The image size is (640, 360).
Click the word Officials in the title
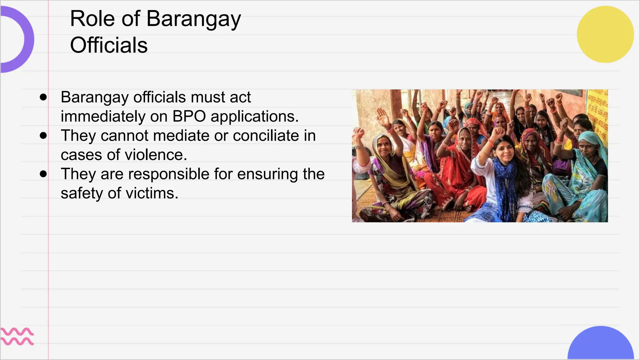coord(108,46)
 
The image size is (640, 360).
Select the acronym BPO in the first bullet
coord(189,117)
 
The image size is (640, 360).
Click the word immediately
coord(103,117)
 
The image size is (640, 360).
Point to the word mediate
coord(181,136)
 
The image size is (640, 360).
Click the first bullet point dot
coord(43,97)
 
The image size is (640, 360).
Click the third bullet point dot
coord(43,174)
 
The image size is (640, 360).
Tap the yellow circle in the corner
coord(605,34)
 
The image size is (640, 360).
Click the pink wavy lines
coord(17,337)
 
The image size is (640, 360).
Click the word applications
coord(255,117)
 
